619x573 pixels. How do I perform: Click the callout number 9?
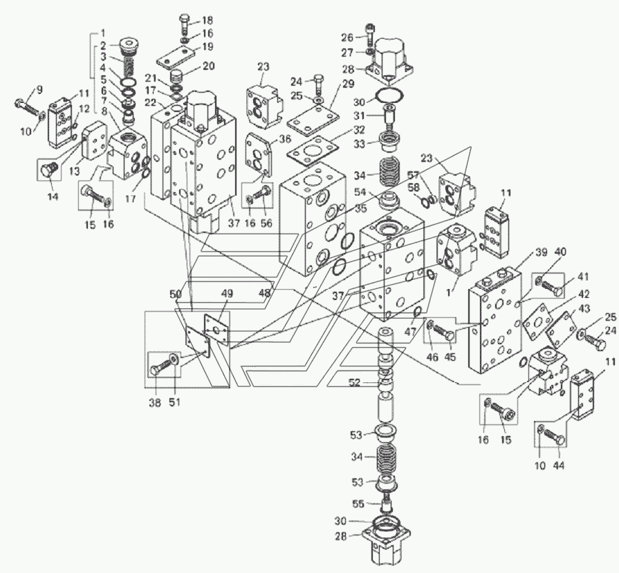(39, 91)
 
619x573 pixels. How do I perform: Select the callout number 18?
(207, 20)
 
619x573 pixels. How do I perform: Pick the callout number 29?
(349, 84)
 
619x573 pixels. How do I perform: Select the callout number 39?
(542, 252)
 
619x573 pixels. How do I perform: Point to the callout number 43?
(585, 308)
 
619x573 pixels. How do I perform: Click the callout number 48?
(265, 294)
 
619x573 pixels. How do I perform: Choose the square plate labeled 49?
(216, 329)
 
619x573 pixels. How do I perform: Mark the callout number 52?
(355, 383)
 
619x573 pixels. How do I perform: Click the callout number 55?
(358, 504)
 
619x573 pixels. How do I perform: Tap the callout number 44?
(559, 466)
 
